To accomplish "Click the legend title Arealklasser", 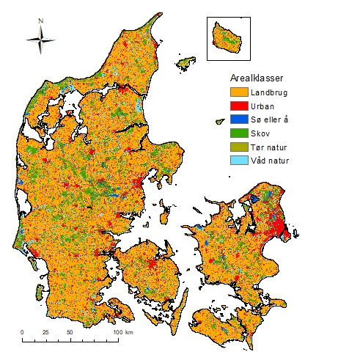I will pyautogui.click(x=254, y=77).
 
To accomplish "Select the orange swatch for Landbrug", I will pyautogui.click(x=237, y=93).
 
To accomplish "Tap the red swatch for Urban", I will pyautogui.click(x=237, y=106).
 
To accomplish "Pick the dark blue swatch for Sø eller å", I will pyautogui.click(x=237, y=120).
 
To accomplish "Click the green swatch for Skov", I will pyautogui.click(x=237, y=133).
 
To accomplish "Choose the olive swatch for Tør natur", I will pyautogui.click(x=237, y=146).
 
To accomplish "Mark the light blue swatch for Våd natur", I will pyautogui.click(x=237, y=159).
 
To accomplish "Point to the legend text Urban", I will pyautogui.click(x=262, y=106).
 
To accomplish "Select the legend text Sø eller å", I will pyautogui.click(x=270, y=120).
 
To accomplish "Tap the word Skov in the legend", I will pyautogui.click(x=260, y=133).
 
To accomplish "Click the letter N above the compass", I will pyautogui.click(x=41, y=21).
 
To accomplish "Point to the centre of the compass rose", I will pyautogui.click(x=41, y=40).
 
